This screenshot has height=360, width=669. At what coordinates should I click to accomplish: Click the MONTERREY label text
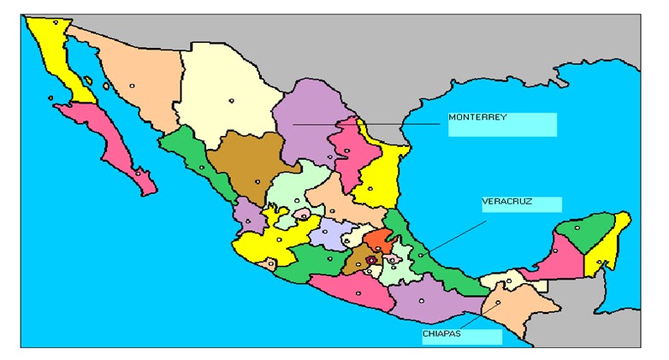coord(477,117)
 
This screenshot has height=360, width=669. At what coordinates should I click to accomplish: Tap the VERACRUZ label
coord(507,202)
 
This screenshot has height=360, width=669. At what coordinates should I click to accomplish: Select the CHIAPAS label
coord(441,333)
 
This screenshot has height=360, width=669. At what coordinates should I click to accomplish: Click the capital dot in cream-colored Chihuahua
coord(231,101)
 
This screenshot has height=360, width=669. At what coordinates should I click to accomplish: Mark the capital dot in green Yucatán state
coord(577,227)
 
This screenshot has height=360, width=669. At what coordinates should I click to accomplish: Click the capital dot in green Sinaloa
coord(202,167)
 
